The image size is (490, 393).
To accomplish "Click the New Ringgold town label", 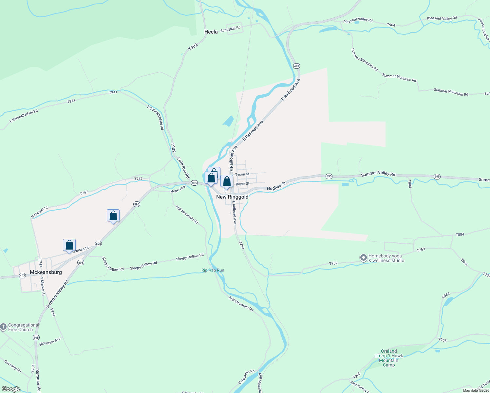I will pyautogui.click(x=232, y=197).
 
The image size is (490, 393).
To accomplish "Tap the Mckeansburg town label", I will pyautogui.click(x=46, y=272).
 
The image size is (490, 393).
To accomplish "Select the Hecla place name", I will pyautogui.click(x=211, y=32).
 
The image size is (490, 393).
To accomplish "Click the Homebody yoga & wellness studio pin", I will pyautogui.click(x=363, y=258).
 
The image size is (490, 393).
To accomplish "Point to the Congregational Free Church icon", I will pyautogui.click(x=3, y=327).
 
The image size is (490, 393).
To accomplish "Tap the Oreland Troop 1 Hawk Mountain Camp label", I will pyautogui.click(x=389, y=358).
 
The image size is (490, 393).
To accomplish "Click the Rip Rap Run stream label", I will pyautogui.click(x=213, y=270).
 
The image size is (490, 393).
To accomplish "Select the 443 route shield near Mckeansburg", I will pyautogui.click(x=22, y=275).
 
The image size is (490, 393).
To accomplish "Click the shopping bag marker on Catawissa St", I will pyautogui.click(x=69, y=245).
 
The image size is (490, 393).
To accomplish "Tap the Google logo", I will pyautogui.click(x=11, y=389).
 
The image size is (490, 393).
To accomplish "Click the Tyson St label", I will pyautogui.click(x=242, y=175).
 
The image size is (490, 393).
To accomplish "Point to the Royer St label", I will pyautogui.click(x=242, y=184).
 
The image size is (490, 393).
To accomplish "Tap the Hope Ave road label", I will pyautogui.click(x=178, y=189).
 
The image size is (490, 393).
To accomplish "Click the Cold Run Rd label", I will pyautogui.click(x=183, y=168).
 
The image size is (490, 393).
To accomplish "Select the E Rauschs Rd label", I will pyautogui.click(x=246, y=377).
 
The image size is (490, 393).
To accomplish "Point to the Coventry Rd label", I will pyautogui.click(x=13, y=366).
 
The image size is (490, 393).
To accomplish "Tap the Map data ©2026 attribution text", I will pyautogui.click(x=476, y=390).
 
